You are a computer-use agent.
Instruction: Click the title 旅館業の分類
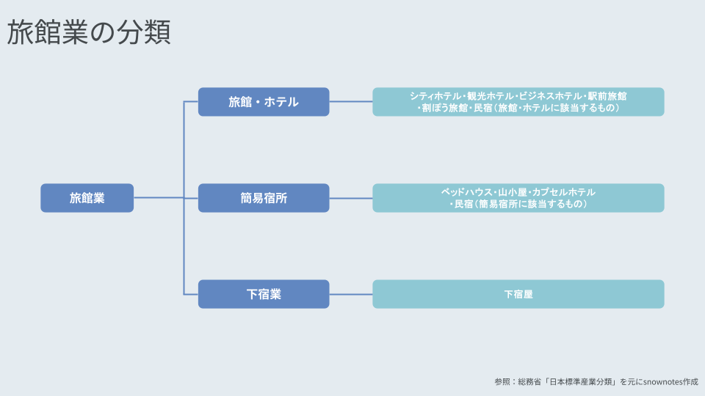pyautogui.click(x=89, y=32)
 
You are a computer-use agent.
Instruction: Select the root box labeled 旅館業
pyautogui.click(x=87, y=198)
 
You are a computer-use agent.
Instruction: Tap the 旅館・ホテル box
pyautogui.click(x=264, y=102)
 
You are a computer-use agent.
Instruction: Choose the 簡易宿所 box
pyautogui.click(x=264, y=198)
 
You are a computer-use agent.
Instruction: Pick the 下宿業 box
pyautogui.click(x=264, y=294)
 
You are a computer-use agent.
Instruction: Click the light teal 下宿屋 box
pyautogui.click(x=518, y=294)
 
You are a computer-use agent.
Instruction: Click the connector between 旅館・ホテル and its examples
pyautogui.click(x=351, y=102)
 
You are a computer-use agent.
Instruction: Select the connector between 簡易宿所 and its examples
pyautogui.click(x=351, y=198)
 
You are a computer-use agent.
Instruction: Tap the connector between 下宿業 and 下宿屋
pyautogui.click(x=351, y=294)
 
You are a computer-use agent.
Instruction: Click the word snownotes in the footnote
pyautogui.click(x=661, y=381)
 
